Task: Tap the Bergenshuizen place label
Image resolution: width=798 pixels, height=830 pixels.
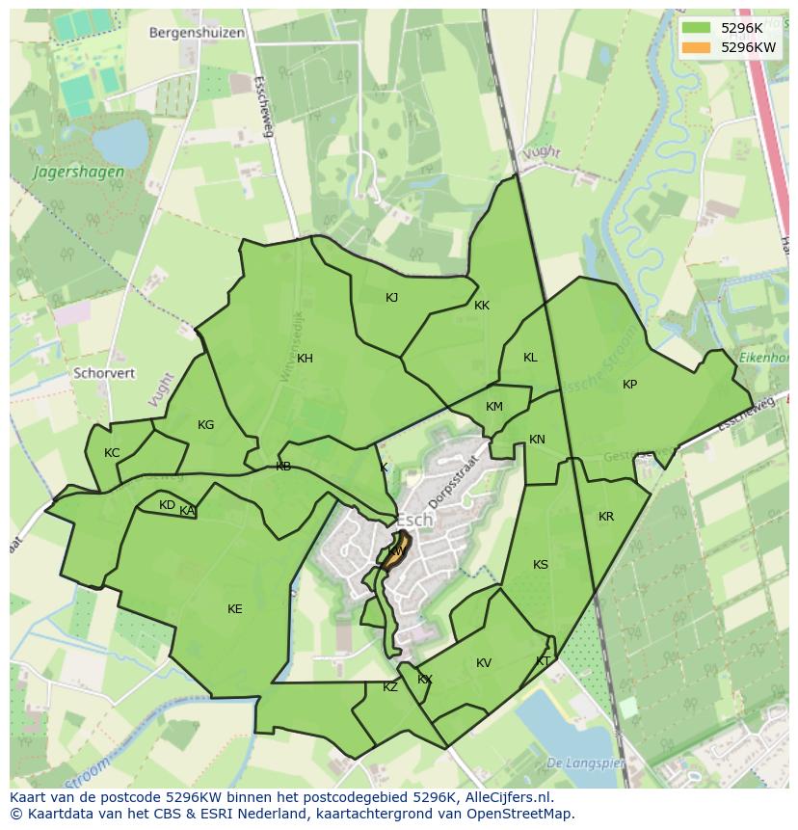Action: [x=197, y=32]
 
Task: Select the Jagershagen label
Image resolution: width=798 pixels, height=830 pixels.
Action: [x=79, y=173]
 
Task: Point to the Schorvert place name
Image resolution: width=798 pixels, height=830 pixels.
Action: [x=104, y=372]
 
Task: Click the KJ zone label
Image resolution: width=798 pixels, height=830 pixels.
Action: [x=391, y=298]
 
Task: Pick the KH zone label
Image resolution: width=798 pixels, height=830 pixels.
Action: [x=305, y=359]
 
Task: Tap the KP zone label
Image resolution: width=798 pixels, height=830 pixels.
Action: [x=629, y=385]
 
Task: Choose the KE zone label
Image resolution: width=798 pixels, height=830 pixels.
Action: [x=235, y=608]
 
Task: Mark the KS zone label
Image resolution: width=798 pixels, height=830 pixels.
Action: [x=541, y=564]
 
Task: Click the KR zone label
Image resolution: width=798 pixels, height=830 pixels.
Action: [x=605, y=517]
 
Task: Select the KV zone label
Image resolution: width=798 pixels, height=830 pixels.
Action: [x=484, y=662]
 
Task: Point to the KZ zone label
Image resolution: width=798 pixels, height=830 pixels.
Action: [x=390, y=687]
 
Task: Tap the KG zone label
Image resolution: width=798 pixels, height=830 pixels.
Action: [x=205, y=425]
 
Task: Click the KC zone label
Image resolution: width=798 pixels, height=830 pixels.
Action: [x=112, y=453]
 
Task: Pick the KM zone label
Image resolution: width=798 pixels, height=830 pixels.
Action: [x=494, y=407]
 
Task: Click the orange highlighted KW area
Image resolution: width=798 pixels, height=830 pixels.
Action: [x=396, y=552]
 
